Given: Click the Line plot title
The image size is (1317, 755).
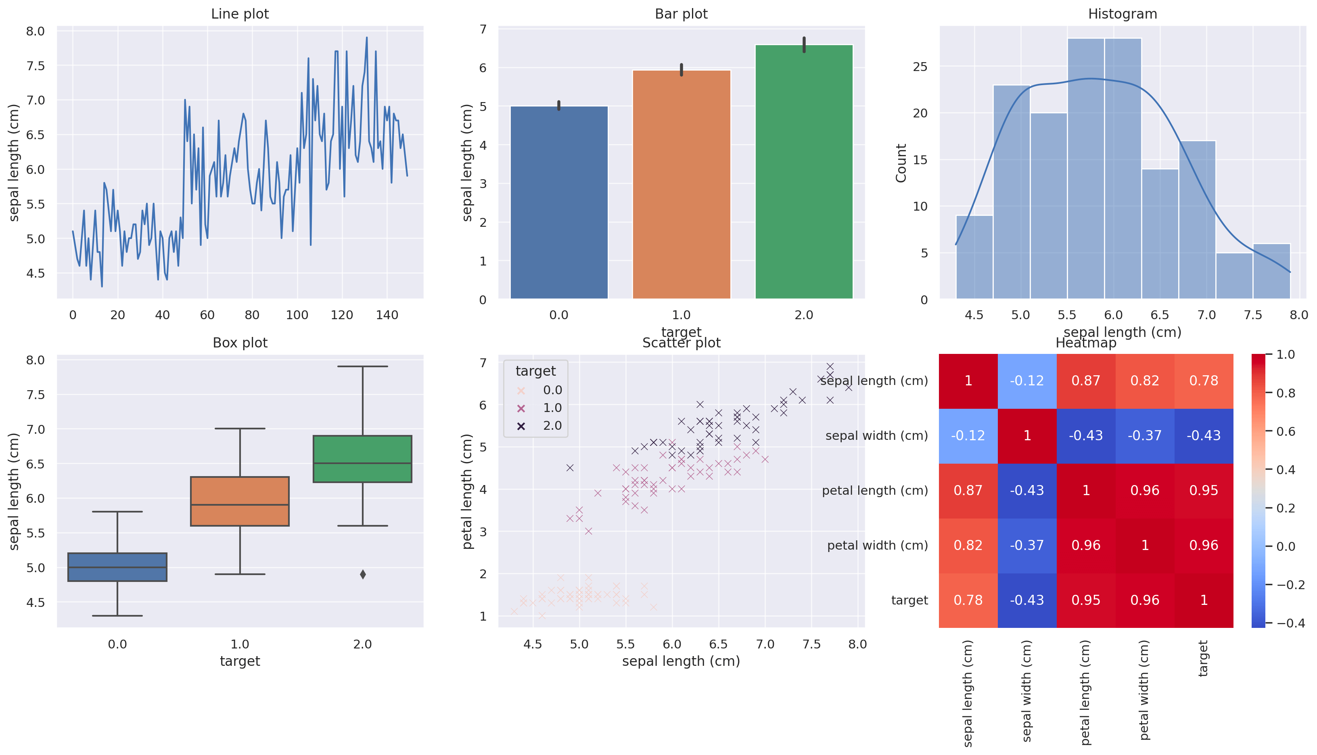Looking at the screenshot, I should pyautogui.click(x=240, y=14).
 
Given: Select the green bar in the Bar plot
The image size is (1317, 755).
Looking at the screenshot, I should pyautogui.click(x=803, y=171).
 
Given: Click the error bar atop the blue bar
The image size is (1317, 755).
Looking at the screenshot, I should pyautogui.click(x=558, y=105).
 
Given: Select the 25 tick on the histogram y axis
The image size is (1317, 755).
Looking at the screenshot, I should pyautogui.click(x=920, y=67).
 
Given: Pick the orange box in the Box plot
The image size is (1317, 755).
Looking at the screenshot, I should pyautogui.click(x=240, y=501).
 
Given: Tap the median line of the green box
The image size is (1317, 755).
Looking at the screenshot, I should pyautogui.click(x=362, y=463).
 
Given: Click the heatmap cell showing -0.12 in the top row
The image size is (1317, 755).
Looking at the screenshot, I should pyautogui.click(x=1026, y=381).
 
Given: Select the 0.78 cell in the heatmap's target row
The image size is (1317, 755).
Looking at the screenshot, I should pyautogui.click(x=968, y=600).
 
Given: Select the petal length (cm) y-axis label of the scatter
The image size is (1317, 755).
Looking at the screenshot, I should pyautogui.click(x=467, y=491).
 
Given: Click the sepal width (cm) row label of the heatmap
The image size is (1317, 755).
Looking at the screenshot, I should pyautogui.click(x=876, y=435).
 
